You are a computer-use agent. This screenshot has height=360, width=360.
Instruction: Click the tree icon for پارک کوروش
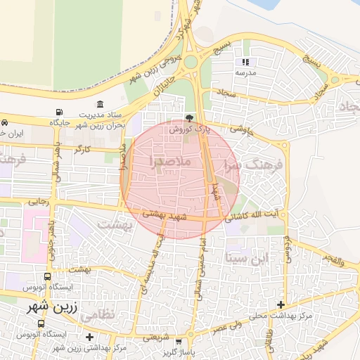[x=188, y=118]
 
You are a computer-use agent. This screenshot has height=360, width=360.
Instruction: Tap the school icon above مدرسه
[x=245, y=62]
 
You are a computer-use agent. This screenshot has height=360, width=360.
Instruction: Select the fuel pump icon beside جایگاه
[x=58, y=112]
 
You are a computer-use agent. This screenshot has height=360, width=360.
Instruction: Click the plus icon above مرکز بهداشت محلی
[x=281, y=304]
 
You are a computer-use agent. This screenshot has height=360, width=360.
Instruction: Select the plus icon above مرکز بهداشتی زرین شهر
[x=89, y=337]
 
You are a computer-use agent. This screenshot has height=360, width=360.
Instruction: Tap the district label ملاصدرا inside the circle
[x=169, y=162]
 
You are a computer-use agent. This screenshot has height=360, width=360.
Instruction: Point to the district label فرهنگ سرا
[x=252, y=165]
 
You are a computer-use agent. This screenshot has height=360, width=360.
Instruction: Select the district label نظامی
[x=97, y=316]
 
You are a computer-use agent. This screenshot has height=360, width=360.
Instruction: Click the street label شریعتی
[x=156, y=336]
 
